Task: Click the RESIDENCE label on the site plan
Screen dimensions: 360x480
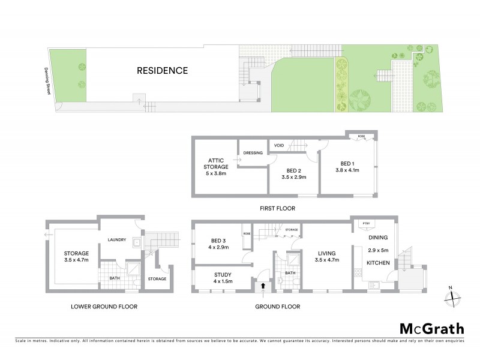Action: tap(162, 71)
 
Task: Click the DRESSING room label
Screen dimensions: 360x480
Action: tap(253, 153)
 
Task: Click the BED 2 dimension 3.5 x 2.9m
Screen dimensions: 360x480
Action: tap(293, 178)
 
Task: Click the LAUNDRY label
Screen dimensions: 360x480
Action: tap(116, 240)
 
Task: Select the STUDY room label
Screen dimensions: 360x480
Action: tap(223, 274)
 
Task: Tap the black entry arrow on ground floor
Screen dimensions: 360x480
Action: tap(262, 286)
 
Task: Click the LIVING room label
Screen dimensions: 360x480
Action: tap(326, 253)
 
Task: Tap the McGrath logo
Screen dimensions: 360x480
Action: tap(431, 328)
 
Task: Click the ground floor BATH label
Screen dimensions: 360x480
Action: tap(290, 273)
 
